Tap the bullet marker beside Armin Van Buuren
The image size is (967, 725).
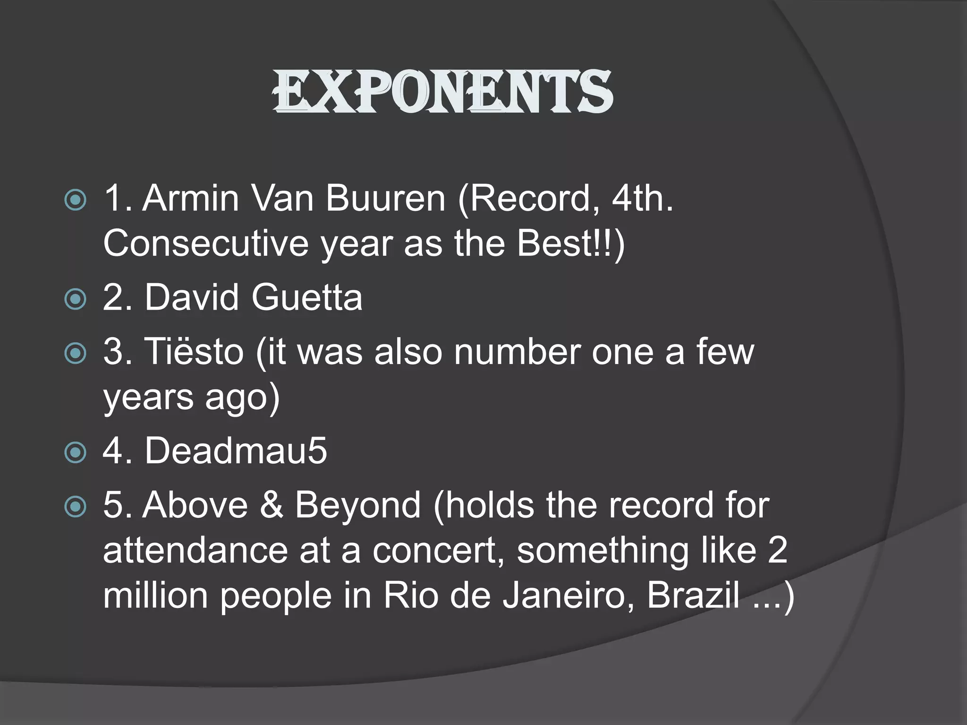click(76, 200)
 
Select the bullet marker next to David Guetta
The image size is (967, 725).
click(76, 299)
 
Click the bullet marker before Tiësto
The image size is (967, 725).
click(76, 353)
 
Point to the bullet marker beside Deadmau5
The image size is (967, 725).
click(76, 453)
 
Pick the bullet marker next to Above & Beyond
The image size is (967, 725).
click(76, 507)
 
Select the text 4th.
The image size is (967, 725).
click(643, 198)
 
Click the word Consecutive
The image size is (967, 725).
click(205, 244)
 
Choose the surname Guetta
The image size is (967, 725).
click(307, 297)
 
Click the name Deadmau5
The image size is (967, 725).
click(236, 451)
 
